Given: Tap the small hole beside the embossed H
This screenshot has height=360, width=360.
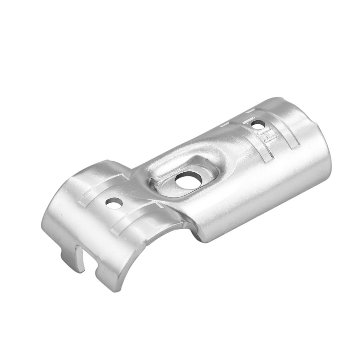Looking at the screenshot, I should pos(256,125).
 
